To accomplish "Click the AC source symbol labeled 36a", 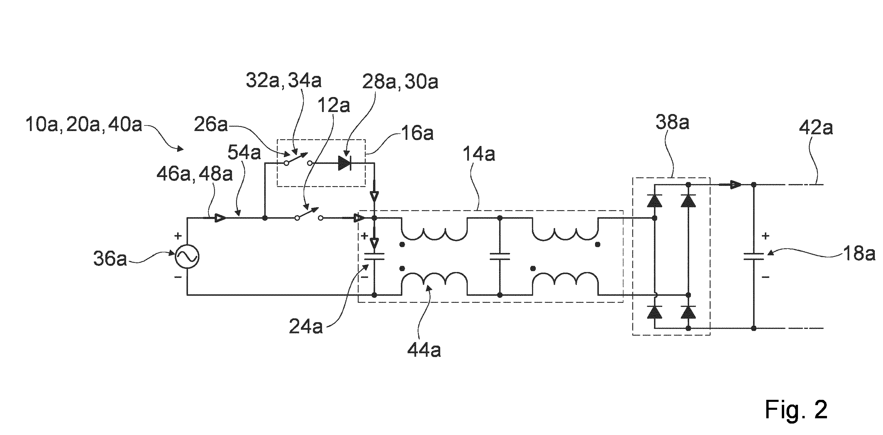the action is [x=187, y=256].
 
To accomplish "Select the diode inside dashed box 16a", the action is [x=345, y=163].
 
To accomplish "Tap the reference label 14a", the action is [x=479, y=154].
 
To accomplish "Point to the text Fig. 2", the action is [x=796, y=410].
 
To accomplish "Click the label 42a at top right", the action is [x=816, y=128].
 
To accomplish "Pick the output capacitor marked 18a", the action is [x=753, y=256].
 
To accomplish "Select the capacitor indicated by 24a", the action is [x=374, y=256].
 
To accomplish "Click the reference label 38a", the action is [x=672, y=122].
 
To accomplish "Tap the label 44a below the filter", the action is [x=424, y=350].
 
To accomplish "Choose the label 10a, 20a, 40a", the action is [x=84, y=125].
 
